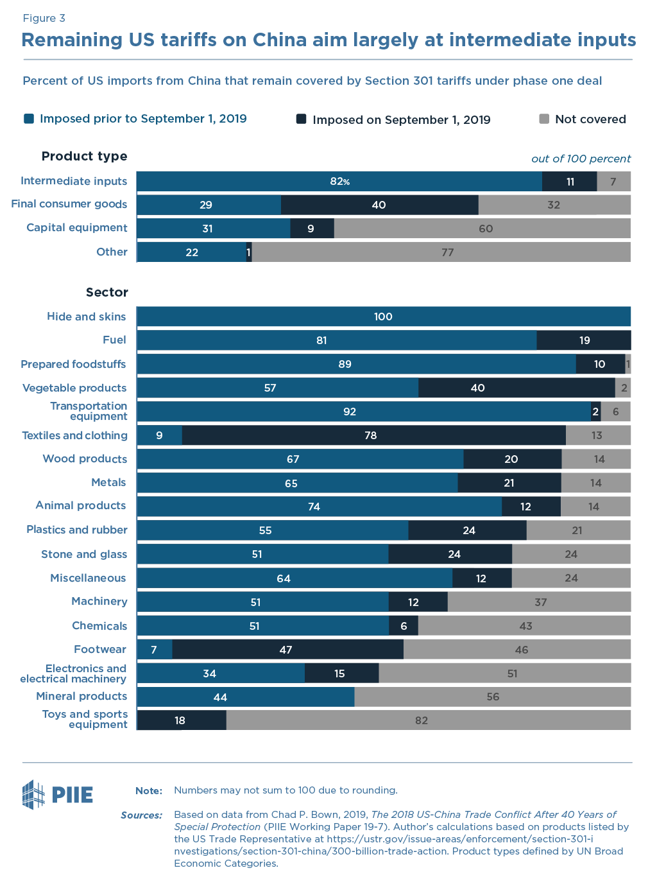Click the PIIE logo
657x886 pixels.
click(x=57, y=794)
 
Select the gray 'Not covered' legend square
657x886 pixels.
click(x=544, y=119)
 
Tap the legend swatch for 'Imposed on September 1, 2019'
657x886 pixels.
click(x=301, y=119)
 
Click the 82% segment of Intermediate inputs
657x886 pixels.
click(x=339, y=182)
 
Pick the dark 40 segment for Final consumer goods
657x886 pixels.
click(x=379, y=205)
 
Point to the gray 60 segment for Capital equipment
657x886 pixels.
click(x=482, y=229)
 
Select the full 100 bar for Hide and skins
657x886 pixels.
click(x=383, y=317)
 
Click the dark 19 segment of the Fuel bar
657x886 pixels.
click(x=584, y=340)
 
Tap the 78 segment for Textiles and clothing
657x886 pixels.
click(x=373, y=435)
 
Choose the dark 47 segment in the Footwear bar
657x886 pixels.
click(x=287, y=650)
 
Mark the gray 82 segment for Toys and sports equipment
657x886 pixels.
click(x=428, y=720)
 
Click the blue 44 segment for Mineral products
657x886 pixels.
click(x=245, y=697)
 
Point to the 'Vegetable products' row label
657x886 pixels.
click(x=74, y=388)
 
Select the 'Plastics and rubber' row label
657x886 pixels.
click(x=77, y=530)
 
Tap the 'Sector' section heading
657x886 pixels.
click(x=107, y=292)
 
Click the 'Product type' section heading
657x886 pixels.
click(x=84, y=156)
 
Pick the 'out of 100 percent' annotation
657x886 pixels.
click(x=581, y=159)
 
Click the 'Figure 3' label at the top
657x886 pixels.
click(x=44, y=18)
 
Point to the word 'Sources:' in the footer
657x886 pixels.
click(x=141, y=815)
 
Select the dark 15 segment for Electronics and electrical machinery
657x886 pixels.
click(x=341, y=673)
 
